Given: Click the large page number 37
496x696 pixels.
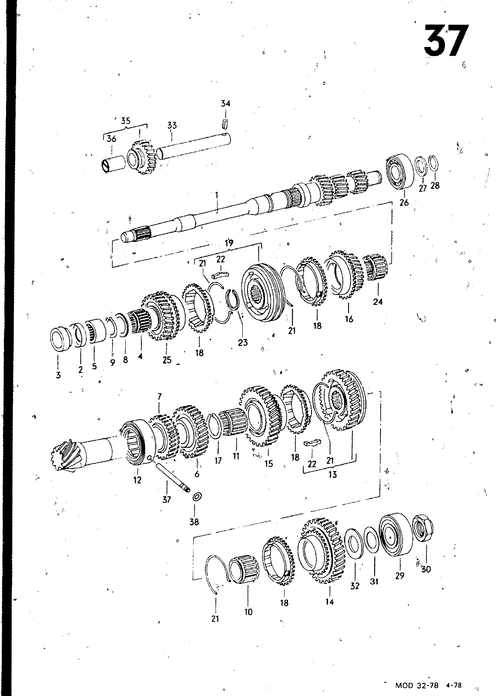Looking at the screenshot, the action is [x=446, y=41].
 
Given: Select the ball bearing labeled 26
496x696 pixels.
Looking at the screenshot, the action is [x=400, y=171].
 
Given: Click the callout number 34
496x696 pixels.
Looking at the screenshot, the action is [x=226, y=104].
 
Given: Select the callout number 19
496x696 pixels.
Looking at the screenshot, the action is [x=229, y=243].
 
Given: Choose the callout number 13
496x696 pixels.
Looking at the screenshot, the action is [x=332, y=475].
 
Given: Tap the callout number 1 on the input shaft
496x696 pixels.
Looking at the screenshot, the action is [x=216, y=195].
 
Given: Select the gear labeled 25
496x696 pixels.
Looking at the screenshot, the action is [x=161, y=315].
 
